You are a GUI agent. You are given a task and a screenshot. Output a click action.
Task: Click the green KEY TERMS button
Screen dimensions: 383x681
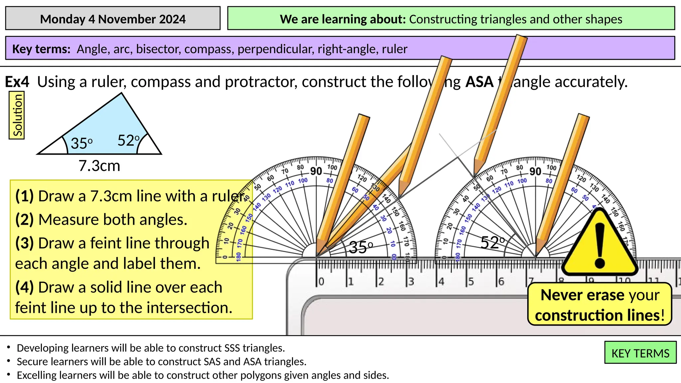click(x=640, y=353)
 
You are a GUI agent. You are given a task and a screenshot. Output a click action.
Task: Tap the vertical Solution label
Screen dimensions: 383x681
click(x=17, y=115)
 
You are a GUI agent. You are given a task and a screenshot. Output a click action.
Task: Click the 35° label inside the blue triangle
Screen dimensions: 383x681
click(x=81, y=143)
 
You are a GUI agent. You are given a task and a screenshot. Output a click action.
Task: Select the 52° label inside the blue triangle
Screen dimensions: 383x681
click(x=128, y=140)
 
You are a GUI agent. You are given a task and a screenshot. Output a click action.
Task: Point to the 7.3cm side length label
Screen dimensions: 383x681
click(x=99, y=166)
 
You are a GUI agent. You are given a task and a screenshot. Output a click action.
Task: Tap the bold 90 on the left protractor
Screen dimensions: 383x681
click(x=316, y=171)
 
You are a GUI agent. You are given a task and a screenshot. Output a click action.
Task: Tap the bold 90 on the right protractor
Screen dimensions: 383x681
click(x=535, y=172)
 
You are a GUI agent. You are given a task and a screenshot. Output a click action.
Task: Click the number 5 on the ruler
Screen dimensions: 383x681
click(x=471, y=282)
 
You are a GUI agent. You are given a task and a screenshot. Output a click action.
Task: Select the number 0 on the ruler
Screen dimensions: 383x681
click(x=321, y=282)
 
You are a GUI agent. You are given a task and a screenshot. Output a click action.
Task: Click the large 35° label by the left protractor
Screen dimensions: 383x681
click(x=361, y=247)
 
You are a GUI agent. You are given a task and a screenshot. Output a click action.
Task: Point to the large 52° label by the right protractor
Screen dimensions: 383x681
click(x=492, y=243)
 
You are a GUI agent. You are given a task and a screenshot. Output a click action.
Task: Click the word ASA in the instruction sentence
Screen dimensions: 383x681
click(x=479, y=82)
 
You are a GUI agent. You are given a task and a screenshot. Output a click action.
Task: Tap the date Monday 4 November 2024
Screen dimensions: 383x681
click(x=113, y=19)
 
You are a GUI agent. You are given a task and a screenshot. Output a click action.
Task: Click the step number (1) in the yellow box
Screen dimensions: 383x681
click(x=25, y=196)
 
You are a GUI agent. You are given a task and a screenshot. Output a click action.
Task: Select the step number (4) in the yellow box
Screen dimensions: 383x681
click(x=25, y=287)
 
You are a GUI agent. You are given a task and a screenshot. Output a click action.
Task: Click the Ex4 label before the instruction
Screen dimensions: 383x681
click(x=17, y=82)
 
